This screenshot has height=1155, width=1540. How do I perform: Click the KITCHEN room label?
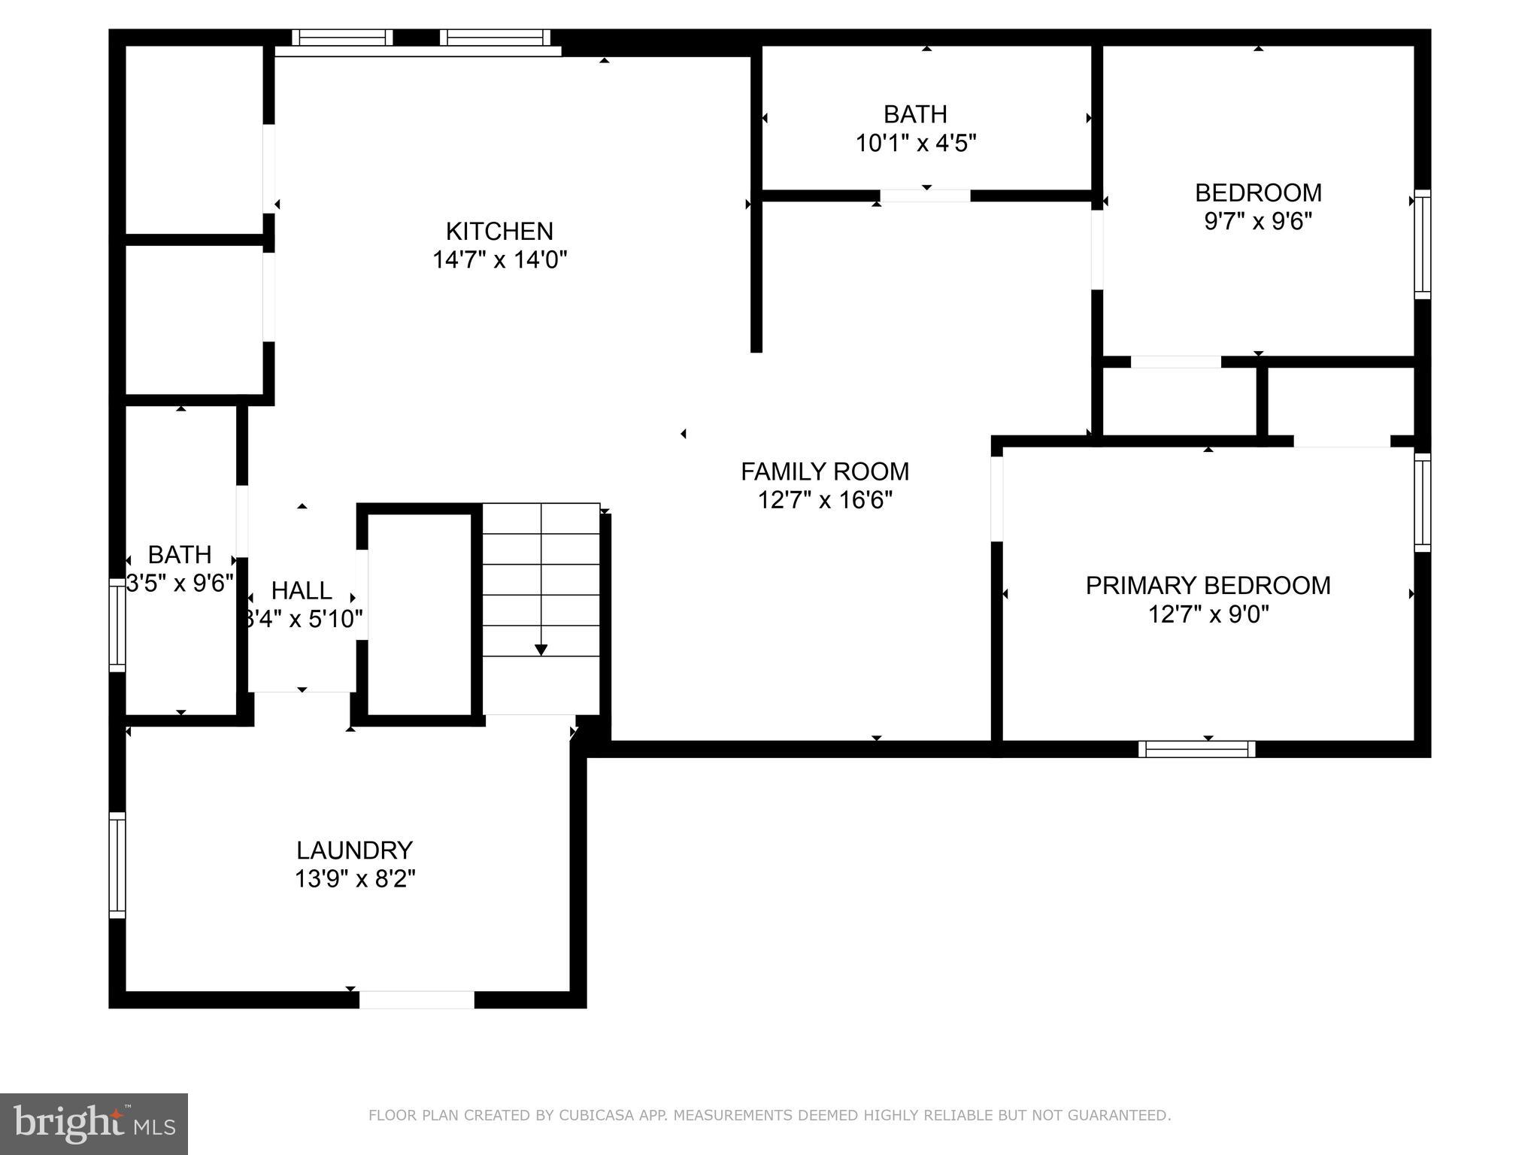[x=499, y=231]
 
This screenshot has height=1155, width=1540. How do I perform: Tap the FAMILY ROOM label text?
[x=825, y=471]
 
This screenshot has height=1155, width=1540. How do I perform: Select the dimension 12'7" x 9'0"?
[x=1208, y=614]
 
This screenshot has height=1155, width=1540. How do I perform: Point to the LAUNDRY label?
[x=354, y=850]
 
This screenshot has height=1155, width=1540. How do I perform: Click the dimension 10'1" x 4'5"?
[x=915, y=143]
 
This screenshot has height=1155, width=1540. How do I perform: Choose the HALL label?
[x=302, y=590]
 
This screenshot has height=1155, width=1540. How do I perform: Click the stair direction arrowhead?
[x=541, y=650]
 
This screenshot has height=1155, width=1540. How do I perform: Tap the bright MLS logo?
[x=94, y=1123]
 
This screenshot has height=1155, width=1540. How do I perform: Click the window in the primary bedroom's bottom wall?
[x=1196, y=749]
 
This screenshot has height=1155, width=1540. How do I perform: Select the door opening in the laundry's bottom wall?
[x=417, y=999]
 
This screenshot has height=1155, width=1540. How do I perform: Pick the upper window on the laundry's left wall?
[x=117, y=865]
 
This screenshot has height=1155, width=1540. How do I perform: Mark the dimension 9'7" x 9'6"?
[x=1258, y=221]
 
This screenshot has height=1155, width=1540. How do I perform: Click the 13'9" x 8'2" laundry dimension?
[x=354, y=878]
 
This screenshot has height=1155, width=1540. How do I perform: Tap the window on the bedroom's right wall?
[x=1422, y=244]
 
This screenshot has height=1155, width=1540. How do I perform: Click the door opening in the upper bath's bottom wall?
[x=925, y=196]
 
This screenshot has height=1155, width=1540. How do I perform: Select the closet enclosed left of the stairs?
[x=419, y=614]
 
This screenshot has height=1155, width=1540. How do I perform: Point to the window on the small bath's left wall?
[x=117, y=625]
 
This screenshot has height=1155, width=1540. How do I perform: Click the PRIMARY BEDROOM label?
[x=1208, y=586]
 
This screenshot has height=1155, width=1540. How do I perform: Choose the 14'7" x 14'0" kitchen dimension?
[x=499, y=259]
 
